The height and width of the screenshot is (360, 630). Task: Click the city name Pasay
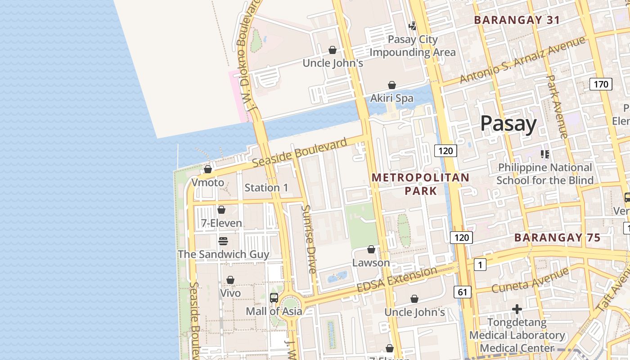pos(508,124)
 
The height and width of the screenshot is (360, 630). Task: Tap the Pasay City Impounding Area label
pos(413,46)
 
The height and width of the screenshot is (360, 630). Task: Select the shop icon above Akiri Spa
pos(392,85)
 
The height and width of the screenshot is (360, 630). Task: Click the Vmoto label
pos(207,183)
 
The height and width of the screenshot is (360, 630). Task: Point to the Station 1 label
pos(266,188)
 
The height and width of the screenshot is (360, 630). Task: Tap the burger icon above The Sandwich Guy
pos(223,241)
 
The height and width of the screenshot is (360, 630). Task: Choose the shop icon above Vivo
pos(230,280)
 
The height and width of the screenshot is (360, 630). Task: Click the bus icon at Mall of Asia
pos(274,298)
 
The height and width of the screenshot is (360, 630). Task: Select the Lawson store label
pos(371,263)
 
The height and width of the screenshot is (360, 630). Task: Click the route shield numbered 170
pos(601,84)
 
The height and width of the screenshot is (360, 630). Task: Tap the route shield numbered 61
pos(463,292)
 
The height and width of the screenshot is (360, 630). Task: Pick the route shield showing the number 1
pos(480,265)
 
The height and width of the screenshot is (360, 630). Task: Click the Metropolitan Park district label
pos(420,184)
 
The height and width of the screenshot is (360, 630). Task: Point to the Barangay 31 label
pos(517,20)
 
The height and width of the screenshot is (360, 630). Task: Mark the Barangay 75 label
pos(557,238)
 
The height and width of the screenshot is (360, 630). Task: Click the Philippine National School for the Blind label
pos(544,174)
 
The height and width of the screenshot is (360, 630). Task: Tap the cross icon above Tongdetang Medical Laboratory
pos(517,309)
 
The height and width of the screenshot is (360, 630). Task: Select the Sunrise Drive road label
pos(310,239)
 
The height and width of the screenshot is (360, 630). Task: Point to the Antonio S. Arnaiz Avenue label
pos(522,60)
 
